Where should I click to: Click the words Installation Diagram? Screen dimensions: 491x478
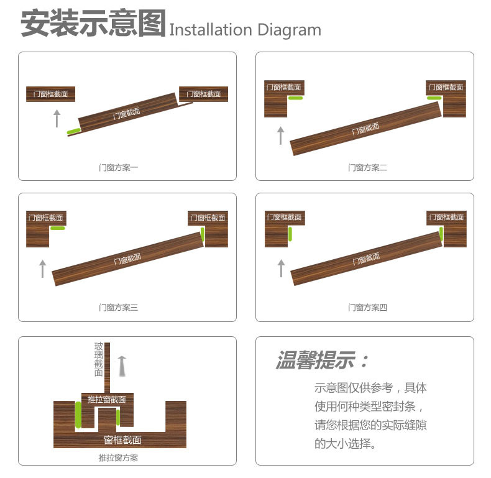[x=245, y=30]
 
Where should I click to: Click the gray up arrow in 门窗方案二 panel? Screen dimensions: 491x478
[x=280, y=135]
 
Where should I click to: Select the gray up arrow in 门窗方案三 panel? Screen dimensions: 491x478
[x=42, y=269]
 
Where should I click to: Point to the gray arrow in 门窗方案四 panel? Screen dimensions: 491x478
[x=280, y=269]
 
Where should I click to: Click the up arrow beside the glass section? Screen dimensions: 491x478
[x=122, y=366]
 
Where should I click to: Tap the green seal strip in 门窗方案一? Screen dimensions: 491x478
[x=74, y=131]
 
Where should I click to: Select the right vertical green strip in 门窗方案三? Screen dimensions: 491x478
[x=202, y=234]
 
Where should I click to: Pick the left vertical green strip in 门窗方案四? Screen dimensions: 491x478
[x=290, y=234]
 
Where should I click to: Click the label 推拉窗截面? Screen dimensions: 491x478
[x=107, y=399]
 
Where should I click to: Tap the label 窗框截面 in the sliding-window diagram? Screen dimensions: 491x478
[x=122, y=440]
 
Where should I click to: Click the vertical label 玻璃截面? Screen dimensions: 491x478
[x=98, y=359]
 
